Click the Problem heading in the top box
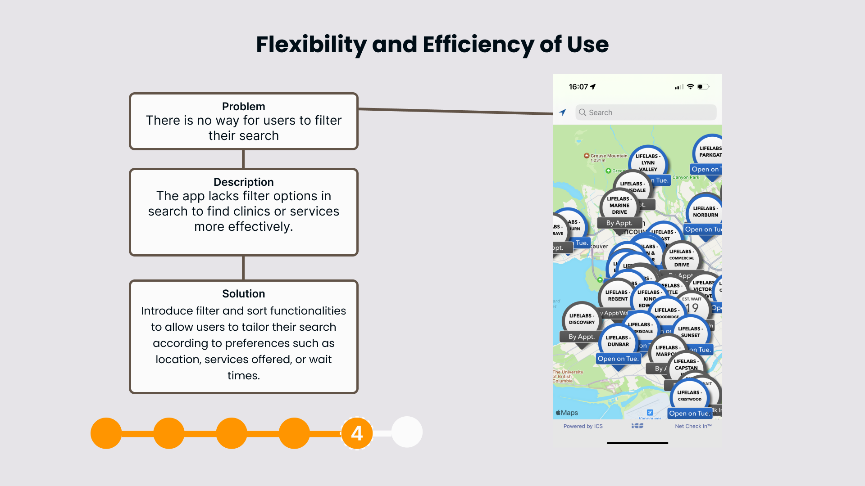pos(243,107)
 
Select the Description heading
pos(243,182)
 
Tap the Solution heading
pos(243,294)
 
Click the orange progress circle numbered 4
pos(357,433)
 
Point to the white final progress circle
pos(407,432)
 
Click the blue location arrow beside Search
pos(563,112)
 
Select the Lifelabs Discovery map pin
pos(582,319)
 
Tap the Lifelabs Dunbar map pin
pos(618,341)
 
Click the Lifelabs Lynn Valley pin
pos(648,162)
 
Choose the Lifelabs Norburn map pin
pos(705,211)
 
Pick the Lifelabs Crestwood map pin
pos(689,396)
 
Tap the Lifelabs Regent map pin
pos(617,296)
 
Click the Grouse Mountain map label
pos(608,156)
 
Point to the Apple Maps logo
pos(567,413)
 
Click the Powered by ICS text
pos(583,426)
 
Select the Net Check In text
pos(693,426)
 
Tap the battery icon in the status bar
pos(703,87)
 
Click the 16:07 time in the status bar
pos(578,87)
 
